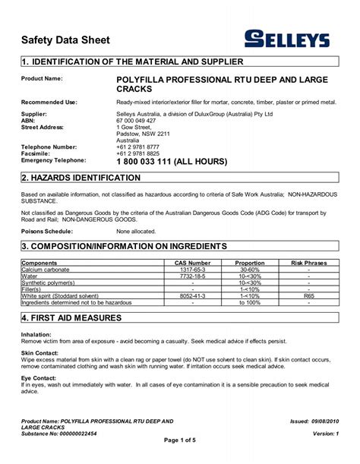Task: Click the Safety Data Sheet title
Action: click(65, 39)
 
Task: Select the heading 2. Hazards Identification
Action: click(81, 178)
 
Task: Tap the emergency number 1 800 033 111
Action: click(172, 161)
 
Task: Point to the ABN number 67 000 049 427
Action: click(136, 120)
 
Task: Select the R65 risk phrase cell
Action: click(308, 295)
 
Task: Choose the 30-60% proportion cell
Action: click(249, 270)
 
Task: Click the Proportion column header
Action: click(249, 262)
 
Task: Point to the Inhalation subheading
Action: click(36, 334)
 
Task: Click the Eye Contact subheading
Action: click(39, 377)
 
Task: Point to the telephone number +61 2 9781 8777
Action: click(138, 147)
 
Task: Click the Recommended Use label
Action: click(49, 101)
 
